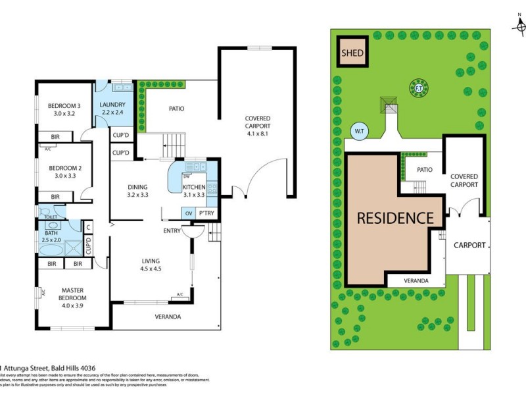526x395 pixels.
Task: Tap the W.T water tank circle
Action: (x=359, y=131)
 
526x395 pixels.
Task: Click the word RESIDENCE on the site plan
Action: (x=394, y=218)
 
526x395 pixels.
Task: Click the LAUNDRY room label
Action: (x=112, y=109)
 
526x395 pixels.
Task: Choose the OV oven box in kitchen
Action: (x=189, y=213)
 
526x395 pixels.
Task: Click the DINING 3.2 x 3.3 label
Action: (x=137, y=190)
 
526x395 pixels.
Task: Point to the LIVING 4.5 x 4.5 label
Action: (x=151, y=265)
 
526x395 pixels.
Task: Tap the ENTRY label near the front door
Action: (x=172, y=231)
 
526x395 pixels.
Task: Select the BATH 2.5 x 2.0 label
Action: (x=52, y=236)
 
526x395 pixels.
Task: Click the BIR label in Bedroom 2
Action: (x=56, y=196)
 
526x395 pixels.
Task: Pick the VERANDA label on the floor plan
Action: (x=168, y=317)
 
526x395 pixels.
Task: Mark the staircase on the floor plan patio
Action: (x=175, y=143)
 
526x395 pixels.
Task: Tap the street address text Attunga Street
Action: (x=39, y=368)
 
